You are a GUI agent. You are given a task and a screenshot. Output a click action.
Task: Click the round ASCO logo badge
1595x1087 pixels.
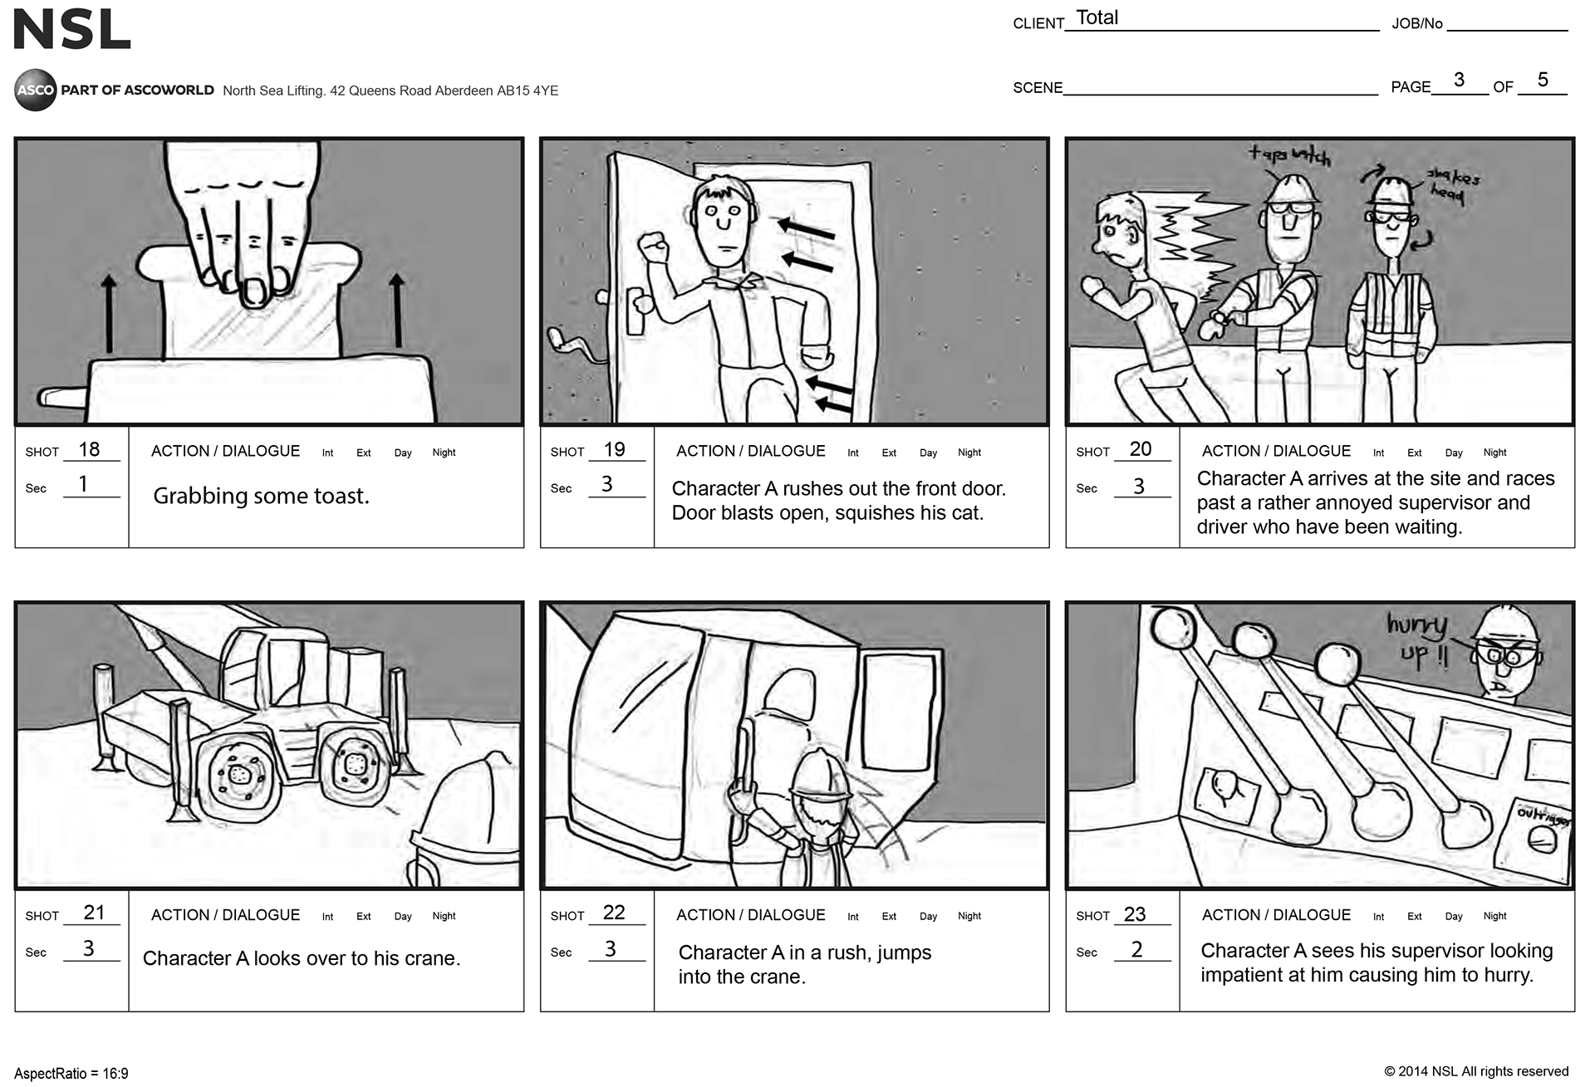point(36,90)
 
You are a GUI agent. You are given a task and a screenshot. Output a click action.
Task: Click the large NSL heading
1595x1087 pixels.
point(72,30)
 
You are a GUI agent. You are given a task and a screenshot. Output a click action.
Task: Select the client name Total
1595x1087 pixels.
point(1097,17)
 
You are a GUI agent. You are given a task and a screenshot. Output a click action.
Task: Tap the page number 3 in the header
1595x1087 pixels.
point(1459,80)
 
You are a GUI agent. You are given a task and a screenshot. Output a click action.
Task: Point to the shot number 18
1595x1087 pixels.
point(89,449)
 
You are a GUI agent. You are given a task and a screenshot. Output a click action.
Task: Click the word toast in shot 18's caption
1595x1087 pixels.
point(341,496)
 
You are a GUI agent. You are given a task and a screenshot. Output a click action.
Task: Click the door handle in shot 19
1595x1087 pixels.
point(636,309)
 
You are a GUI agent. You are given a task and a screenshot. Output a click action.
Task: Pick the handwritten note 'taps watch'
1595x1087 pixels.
point(1288,154)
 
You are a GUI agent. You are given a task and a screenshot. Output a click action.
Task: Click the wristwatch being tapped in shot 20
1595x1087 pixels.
point(1220,316)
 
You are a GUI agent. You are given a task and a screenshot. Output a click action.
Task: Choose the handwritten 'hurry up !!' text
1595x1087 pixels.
point(1420,639)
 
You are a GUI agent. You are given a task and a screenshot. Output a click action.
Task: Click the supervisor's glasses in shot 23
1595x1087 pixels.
point(1508,656)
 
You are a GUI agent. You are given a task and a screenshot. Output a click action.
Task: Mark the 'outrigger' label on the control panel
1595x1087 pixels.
point(1544,815)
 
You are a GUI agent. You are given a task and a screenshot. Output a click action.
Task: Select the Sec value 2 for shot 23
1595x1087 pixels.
point(1136,949)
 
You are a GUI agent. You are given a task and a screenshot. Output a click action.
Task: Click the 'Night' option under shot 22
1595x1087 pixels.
point(969,916)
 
